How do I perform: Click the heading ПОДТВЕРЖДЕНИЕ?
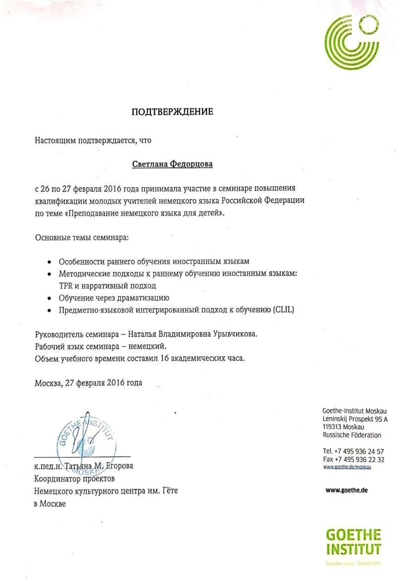(x=172, y=112)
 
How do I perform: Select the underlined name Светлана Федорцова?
(x=172, y=163)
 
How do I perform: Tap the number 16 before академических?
(x=167, y=358)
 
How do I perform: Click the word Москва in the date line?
(x=48, y=382)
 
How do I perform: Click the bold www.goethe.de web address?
(x=346, y=490)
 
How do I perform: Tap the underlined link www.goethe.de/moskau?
(x=346, y=467)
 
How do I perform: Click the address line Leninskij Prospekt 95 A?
(x=355, y=419)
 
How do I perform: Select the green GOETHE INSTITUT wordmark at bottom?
(x=353, y=542)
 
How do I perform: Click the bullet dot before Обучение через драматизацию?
(x=49, y=299)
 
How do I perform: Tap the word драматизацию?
(x=144, y=298)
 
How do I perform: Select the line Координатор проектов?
(x=74, y=479)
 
